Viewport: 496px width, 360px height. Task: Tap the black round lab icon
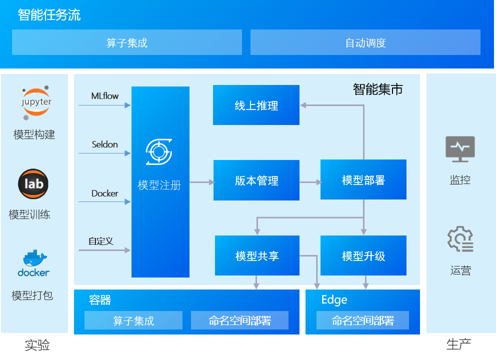point(33,184)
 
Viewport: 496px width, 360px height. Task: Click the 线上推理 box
point(256,105)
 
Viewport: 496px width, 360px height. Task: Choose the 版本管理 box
point(256,180)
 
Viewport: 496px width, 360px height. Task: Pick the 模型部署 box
point(363,180)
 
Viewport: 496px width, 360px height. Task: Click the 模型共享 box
point(257,255)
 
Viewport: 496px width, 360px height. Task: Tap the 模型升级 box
point(363,255)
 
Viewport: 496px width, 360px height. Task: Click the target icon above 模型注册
point(159,152)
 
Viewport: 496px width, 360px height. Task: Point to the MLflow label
point(105,95)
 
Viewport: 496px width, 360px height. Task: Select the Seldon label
point(105,144)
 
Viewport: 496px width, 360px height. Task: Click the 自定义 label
point(101,241)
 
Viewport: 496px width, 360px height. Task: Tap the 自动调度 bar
point(365,42)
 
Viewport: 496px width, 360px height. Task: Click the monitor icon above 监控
point(460,149)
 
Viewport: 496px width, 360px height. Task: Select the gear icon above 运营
point(460,239)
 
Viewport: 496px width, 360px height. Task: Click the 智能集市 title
point(377,89)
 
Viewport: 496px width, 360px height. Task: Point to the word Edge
point(334,299)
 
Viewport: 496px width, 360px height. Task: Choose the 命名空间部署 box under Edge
point(362,320)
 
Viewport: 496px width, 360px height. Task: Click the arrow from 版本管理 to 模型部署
point(310,182)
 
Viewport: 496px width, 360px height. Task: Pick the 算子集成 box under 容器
point(133,320)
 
